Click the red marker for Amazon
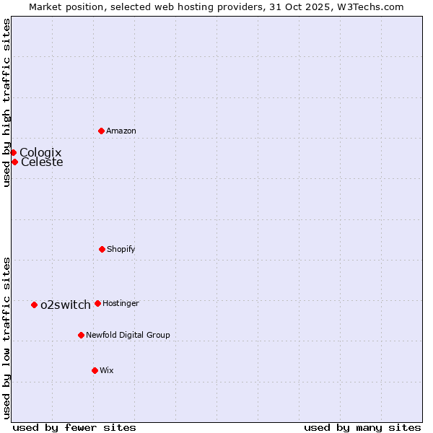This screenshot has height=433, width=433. pyautogui.click(x=101, y=131)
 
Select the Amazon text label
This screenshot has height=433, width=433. pyautogui.click(x=121, y=131)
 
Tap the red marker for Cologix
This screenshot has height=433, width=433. pyautogui.click(x=13, y=152)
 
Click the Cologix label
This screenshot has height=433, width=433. pyautogui.click(x=40, y=152)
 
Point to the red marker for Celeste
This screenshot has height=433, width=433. pyautogui.click(x=14, y=162)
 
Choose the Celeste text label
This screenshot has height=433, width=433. pyautogui.click(x=42, y=162)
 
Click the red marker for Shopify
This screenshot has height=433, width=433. pyautogui.click(x=102, y=249)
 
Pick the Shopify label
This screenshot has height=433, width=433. pyautogui.click(x=121, y=250)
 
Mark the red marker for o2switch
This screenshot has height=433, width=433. pyautogui.click(x=34, y=305)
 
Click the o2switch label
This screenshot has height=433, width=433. pyautogui.click(x=66, y=305)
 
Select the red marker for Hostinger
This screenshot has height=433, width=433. pyautogui.click(x=97, y=303)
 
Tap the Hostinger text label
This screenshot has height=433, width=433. pyautogui.click(x=121, y=304)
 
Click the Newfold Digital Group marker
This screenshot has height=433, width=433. pyautogui.click(x=81, y=335)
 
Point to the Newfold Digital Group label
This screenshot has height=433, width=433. pyautogui.click(x=128, y=336)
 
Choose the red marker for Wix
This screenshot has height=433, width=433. pyautogui.click(x=95, y=370)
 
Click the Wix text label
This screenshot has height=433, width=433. pyautogui.click(x=107, y=371)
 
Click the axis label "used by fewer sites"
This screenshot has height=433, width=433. pyautogui.click(x=74, y=428)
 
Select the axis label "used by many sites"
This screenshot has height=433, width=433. pyautogui.click(x=362, y=428)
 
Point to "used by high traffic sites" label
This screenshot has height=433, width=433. pyautogui.click(x=6, y=102)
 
